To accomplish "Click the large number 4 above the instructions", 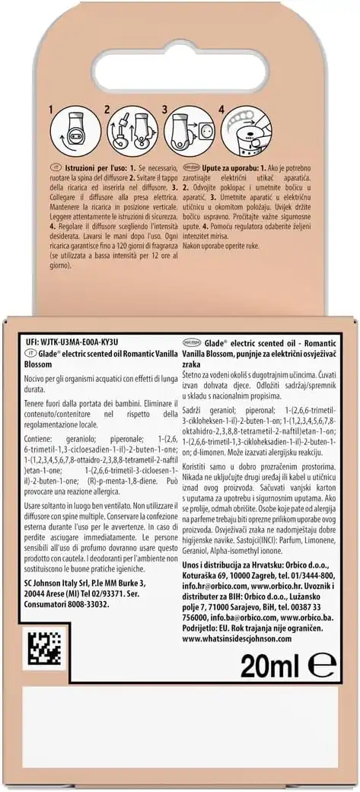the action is pyautogui.click(x=221, y=110).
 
